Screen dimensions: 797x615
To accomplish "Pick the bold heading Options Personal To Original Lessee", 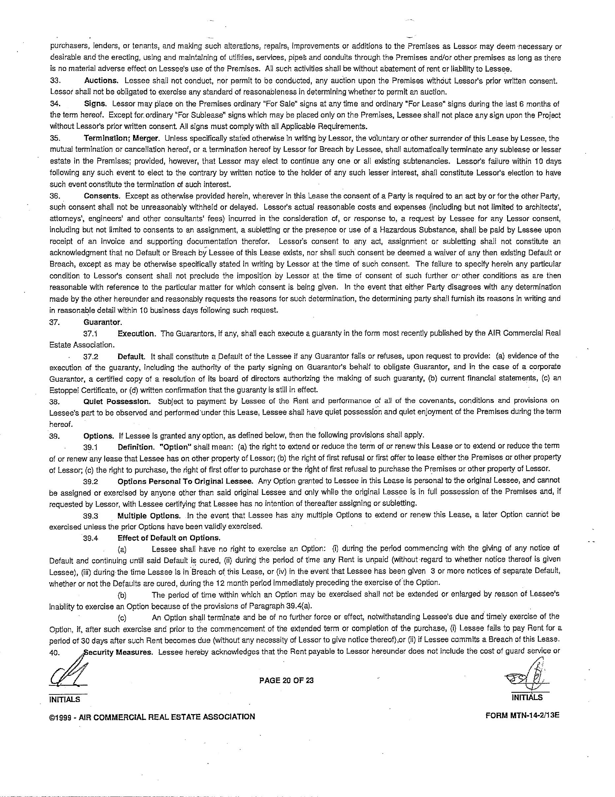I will [x=185, y=480].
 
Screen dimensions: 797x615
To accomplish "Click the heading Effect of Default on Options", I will [x=169, y=537].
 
